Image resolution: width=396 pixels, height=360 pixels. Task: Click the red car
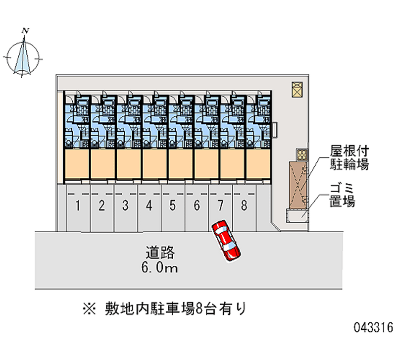point(227,240)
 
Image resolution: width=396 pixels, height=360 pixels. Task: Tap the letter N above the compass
point(25,31)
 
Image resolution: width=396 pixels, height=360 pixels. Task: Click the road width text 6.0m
point(159,268)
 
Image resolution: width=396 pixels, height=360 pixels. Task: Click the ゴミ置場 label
point(343,195)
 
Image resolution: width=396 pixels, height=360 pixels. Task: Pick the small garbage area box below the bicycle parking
point(298,215)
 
